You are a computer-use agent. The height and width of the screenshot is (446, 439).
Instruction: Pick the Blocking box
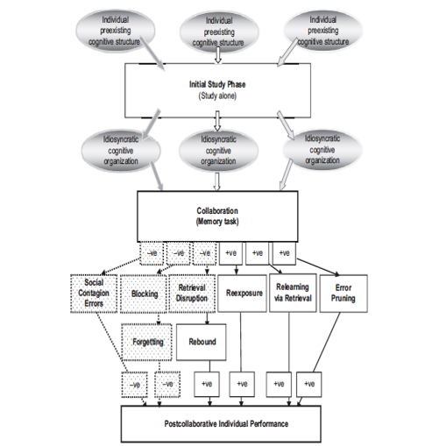tap(144, 295)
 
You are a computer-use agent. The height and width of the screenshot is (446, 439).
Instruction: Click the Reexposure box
tap(240, 295)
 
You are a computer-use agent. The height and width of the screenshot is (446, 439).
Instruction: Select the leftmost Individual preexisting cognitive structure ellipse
tap(121, 28)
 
